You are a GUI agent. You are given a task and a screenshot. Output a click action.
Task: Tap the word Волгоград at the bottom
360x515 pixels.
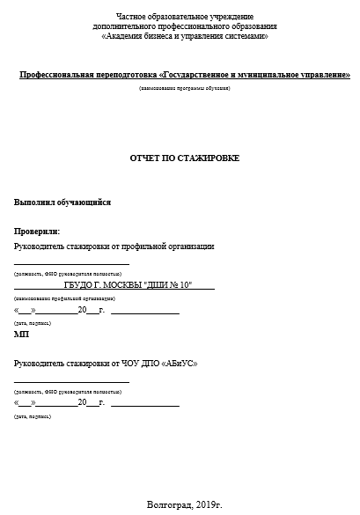point(165,504)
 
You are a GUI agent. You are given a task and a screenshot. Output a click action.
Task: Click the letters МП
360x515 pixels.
point(21,335)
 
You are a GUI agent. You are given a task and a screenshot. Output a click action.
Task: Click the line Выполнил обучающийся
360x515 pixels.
point(62,202)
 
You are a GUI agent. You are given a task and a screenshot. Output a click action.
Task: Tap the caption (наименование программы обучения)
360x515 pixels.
point(185,89)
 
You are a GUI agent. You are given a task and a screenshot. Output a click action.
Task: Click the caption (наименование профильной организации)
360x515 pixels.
point(58,298)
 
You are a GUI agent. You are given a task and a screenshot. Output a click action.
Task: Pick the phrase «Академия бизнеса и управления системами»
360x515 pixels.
point(184,36)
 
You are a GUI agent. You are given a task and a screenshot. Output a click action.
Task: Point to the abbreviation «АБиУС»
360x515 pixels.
point(180,364)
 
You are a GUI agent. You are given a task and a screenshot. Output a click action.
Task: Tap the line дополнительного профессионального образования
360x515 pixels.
point(184,26)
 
